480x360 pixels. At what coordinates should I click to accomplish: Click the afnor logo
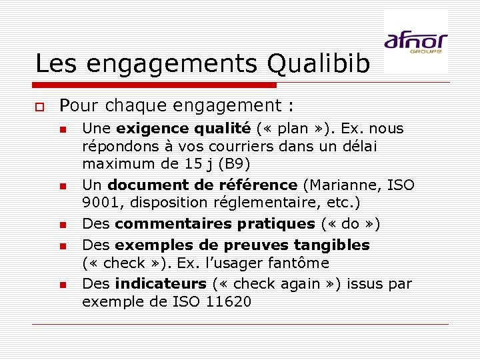pyautogui.click(x=415, y=41)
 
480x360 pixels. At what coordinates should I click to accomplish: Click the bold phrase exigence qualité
pyautogui.click(x=183, y=129)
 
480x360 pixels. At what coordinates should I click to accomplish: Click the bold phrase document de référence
pyautogui.click(x=202, y=185)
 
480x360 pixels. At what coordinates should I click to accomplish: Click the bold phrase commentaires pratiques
pyautogui.click(x=215, y=223)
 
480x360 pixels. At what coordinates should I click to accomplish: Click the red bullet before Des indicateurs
pyautogui.click(x=62, y=285)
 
